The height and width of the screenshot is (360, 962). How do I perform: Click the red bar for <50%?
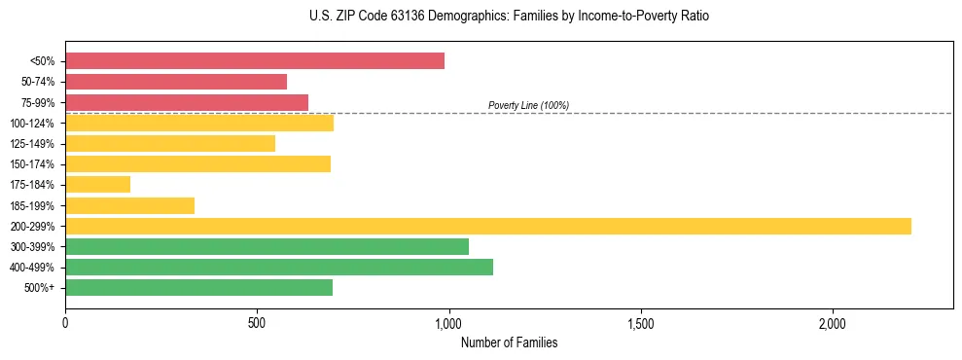coord(255,60)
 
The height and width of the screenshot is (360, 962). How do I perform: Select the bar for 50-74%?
coord(176,81)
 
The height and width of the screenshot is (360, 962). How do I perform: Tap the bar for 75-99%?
coord(187,102)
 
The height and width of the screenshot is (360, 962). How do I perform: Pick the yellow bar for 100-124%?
coord(199,123)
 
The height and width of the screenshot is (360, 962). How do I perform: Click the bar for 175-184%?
coord(97,184)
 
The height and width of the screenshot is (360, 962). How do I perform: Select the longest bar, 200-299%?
coord(488,226)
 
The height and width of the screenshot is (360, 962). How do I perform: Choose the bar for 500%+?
coord(198,287)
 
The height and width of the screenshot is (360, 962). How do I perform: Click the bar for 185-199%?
coord(129,205)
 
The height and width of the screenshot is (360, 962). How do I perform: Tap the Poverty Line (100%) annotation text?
coord(528,105)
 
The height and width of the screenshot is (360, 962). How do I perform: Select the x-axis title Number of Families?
coord(509,342)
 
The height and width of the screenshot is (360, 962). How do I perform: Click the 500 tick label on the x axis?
coord(257,323)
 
